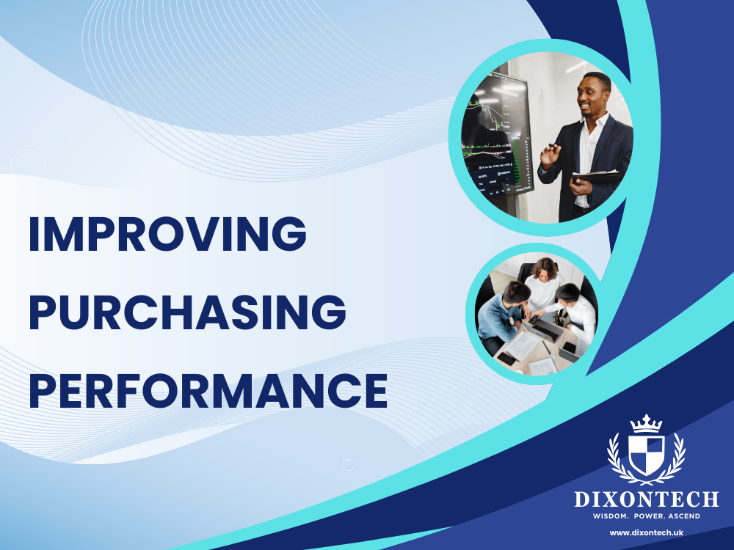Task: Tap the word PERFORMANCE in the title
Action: click(x=208, y=391)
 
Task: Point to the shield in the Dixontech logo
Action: click(x=646, y=452)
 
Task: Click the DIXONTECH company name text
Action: click(x=646, y=500)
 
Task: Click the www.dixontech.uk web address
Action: click(x=646, y=532)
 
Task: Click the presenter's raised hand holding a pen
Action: click(x=550, y=153)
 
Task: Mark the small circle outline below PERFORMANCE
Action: click(x=349, y=465)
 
